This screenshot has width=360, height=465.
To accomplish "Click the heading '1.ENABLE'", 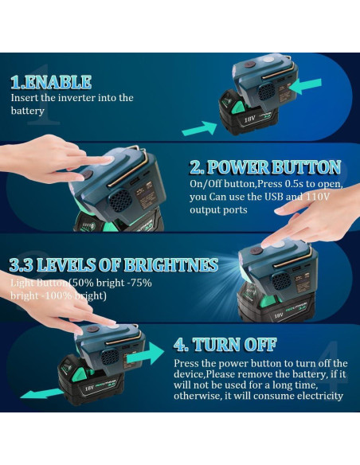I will pos(51,81).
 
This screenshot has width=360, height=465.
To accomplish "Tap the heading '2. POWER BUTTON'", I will pos(265,167).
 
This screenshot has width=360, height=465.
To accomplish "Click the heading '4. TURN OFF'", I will pos(225,345).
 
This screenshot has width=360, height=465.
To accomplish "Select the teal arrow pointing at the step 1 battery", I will pos(198,127).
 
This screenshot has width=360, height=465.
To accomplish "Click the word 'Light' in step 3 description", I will pos(22,283).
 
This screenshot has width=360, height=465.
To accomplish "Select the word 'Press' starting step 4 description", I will pos(188,362).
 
